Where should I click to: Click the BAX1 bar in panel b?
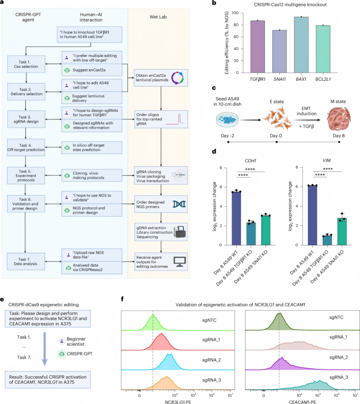point(303,45)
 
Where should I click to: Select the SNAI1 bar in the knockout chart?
point(279,51)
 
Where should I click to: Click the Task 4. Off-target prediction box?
point(26,147)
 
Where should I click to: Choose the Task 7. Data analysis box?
point(26,261)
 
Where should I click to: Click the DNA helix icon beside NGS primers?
point(179,204)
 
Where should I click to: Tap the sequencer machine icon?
point(180,232)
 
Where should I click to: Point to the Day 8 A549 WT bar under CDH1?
point(237,218)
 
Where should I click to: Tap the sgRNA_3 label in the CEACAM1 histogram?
point(339,377)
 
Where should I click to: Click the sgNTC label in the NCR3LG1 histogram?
point(209,320)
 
